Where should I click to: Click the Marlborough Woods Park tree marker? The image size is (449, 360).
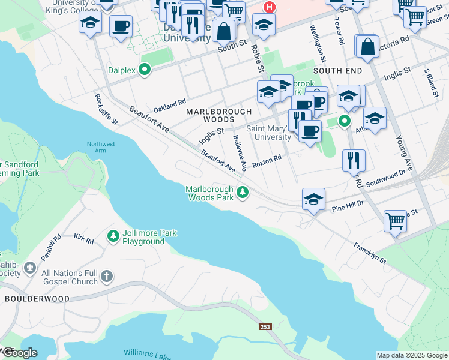pyautogui.click(x=243, y=193)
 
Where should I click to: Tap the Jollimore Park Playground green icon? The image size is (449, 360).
pyautogui.click(x=113, y=236)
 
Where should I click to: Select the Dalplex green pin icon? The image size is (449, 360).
pyautogui.click(x=144, y=70)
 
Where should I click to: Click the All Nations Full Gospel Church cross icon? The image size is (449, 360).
pyautogui.click(x=106, y=277)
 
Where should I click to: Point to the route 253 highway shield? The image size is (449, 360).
pyautogui.click(x=265, y=327)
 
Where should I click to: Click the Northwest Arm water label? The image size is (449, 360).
pyautogui.click(x=100, y=148)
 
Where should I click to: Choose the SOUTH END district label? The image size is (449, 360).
pyautogui.click(x=337, y=71)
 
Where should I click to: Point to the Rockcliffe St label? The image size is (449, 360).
pyautogui.click(x=106, y=108)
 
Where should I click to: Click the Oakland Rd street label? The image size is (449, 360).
pyautogui.click(x=170, y=106)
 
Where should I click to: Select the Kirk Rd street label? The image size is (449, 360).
pyautogui.click(x=84, y=241)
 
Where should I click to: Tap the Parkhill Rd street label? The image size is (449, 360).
pyautogui.click(x=51, y=247)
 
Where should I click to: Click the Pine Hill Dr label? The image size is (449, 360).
pyautogui.click(x=348, y=207)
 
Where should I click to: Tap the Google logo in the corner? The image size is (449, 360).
pyautogui.click(x=20, y=352)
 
